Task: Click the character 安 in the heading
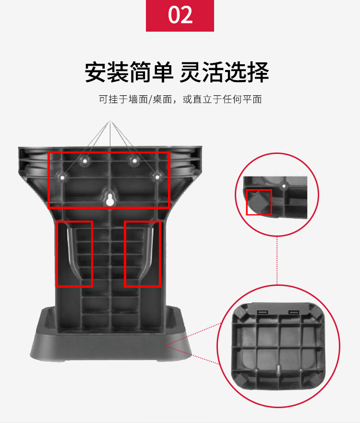coord(96,72)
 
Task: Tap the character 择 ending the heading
coord(258,72)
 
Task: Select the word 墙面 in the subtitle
coord(139,99)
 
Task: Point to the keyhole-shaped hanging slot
coord(109,200)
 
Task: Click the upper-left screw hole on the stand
coord(85,161)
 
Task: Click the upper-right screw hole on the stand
coord(134,161)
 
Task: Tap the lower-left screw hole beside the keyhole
coord(62,178)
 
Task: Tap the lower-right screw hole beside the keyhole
coord(156,177)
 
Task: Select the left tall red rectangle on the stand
coord(57,254)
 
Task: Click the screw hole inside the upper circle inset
coord(284,186)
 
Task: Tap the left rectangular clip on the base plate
coord(262,312)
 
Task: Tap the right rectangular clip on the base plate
coord(294,312)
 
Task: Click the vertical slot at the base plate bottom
coord(278,369)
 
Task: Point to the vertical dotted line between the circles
coord(277,260)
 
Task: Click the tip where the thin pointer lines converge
coord(110,121)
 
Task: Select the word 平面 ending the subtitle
coord(252,99)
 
